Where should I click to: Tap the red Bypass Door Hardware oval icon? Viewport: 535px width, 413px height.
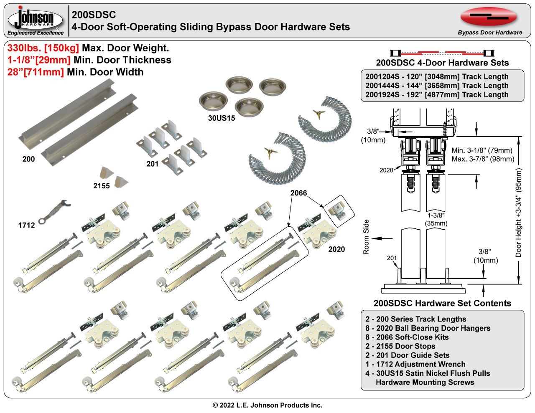pos(489,16)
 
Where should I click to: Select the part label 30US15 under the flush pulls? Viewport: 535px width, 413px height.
pos(222,118)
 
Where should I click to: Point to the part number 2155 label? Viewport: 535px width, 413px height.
pos(102,186)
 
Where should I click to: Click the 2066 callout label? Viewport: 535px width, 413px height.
pos(299,193)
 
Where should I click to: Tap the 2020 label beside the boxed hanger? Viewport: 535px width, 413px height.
pos(336,249)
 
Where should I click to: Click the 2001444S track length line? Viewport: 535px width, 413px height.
pos(437,86)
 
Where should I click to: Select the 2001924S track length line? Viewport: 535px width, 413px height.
pos(437,95)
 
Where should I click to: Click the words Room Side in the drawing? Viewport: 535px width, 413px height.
pos(367,237)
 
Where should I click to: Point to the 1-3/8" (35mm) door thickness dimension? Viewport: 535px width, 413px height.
pos(436,220)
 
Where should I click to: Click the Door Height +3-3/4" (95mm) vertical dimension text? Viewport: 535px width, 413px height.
pos(519,213)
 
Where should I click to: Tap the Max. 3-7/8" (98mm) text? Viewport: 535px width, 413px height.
pos(483,159)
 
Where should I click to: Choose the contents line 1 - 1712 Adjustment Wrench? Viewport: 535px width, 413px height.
pos(415,364)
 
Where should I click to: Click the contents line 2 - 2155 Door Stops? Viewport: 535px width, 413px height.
pos(400,346)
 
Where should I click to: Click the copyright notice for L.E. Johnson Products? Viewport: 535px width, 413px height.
pos(267,405)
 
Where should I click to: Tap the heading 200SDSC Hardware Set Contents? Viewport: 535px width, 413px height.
pos(442,303)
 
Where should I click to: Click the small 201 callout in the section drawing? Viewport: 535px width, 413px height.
pos(392,258)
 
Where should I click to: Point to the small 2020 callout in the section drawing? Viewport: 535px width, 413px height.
pos(386,170)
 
